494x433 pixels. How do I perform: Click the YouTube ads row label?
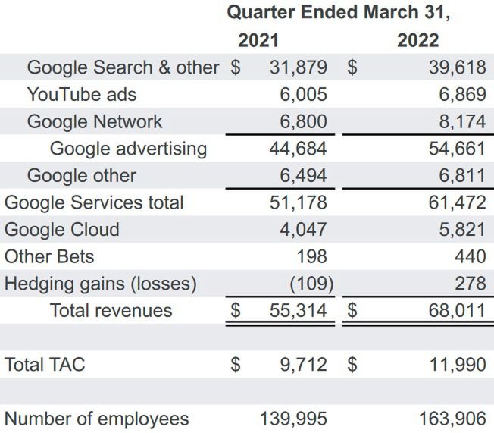point(82,95)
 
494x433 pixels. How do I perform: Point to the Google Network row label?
point(95,121)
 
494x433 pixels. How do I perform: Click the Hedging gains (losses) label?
point(101,284)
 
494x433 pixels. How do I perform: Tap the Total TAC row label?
point(45,365)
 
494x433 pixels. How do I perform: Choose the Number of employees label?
point(97,419)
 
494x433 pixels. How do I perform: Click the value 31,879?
point(299,67)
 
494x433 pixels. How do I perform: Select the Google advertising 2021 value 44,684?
point(299,149)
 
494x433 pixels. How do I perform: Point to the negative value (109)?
point(312,284)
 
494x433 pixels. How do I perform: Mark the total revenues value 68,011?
point(456,310)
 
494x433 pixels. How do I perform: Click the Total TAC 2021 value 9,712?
point(304,365)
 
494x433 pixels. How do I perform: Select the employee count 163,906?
point(452,419)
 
